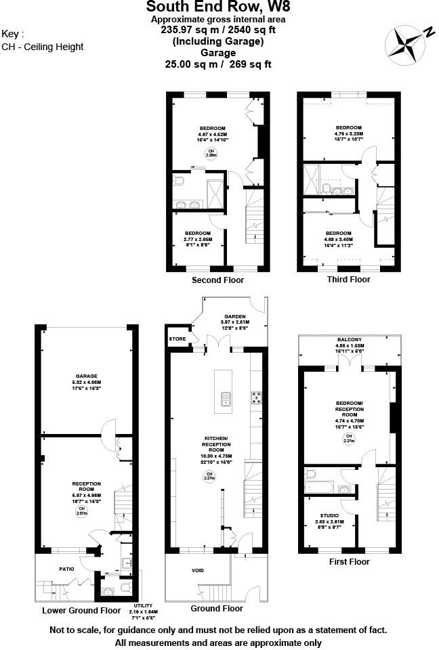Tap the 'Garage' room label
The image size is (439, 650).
tap(87, 376)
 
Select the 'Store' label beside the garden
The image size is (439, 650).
tap(177, 339)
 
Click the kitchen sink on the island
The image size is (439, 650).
tap(224, 399)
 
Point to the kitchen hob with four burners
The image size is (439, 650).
tap(257, 397)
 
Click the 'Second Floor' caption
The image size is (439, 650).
tap(217, 280)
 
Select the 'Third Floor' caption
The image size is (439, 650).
tap(348, 279)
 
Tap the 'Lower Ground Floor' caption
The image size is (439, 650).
tap(81, 609)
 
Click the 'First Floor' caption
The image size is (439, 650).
tap(349, 561)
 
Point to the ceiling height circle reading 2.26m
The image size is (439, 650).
tap(211, 153)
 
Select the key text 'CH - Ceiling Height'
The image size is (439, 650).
tap(43, 47)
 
